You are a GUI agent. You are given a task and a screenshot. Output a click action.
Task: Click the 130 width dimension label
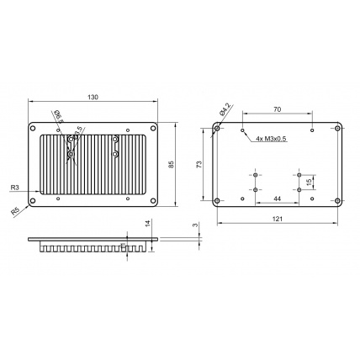93,98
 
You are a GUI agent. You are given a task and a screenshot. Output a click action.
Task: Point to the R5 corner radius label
15,210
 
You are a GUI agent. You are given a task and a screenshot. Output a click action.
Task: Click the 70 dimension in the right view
277,109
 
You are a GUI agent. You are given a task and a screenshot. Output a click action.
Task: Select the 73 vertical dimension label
199,165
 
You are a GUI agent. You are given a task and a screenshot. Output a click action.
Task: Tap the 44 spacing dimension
277,199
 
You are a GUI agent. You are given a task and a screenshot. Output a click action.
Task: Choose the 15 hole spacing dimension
309,182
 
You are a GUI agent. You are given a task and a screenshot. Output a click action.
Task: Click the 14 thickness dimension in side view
147,224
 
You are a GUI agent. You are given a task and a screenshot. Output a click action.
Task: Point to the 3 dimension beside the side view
195,225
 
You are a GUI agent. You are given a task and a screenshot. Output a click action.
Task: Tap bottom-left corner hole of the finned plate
34,200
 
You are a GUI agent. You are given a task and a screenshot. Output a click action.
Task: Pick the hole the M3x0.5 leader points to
242,130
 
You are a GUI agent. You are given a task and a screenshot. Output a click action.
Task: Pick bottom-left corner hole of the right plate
219,200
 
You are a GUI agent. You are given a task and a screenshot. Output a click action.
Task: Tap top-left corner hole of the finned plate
34,129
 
